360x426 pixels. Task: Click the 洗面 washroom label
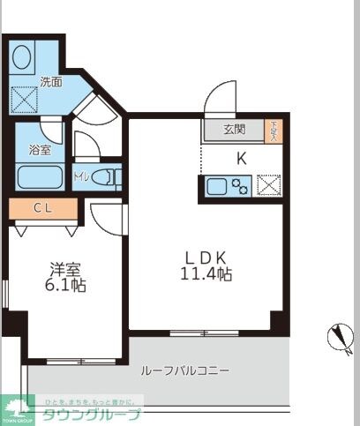click(50, 82)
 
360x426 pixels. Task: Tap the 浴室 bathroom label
click(40, 151)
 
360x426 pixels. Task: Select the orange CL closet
click(42, 209)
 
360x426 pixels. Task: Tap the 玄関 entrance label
click(234, 131)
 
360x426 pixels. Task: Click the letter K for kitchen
click(240, 159)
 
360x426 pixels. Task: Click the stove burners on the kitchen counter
click(239, 186)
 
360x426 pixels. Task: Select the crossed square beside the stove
click(268, 186)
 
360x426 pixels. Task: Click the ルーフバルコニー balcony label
click(185, 370)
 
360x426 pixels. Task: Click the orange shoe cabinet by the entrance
click(274, 131)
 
